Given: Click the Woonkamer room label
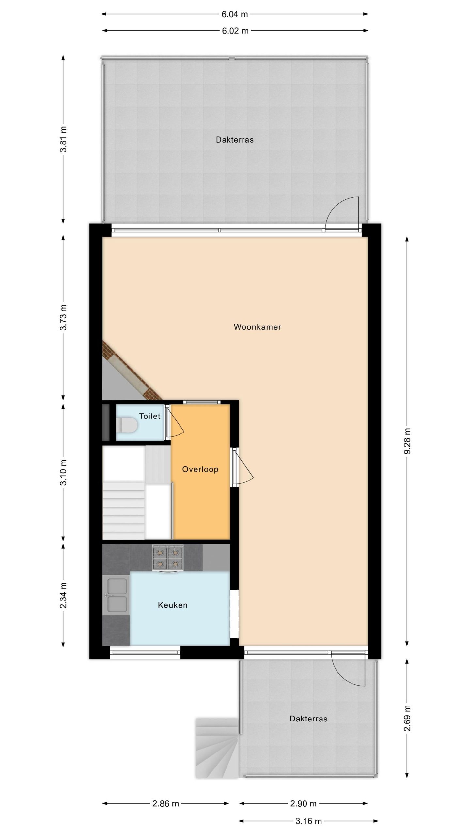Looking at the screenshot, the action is [257, 327].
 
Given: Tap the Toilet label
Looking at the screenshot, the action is [150, 416].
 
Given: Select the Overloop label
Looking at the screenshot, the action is [200, 469].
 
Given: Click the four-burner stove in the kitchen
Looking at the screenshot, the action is [168, 558].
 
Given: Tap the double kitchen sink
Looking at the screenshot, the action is [116, 595].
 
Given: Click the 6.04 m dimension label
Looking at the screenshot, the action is [235, 14].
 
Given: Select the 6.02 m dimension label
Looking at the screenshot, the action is [235, 31].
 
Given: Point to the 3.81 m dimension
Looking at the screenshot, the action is [63, 139].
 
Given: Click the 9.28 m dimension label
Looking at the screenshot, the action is [407, 441].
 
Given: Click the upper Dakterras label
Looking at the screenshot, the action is [235, 140].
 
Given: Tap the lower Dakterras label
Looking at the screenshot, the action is [308, 719].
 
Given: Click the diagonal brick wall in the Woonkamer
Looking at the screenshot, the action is [132, 370].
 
